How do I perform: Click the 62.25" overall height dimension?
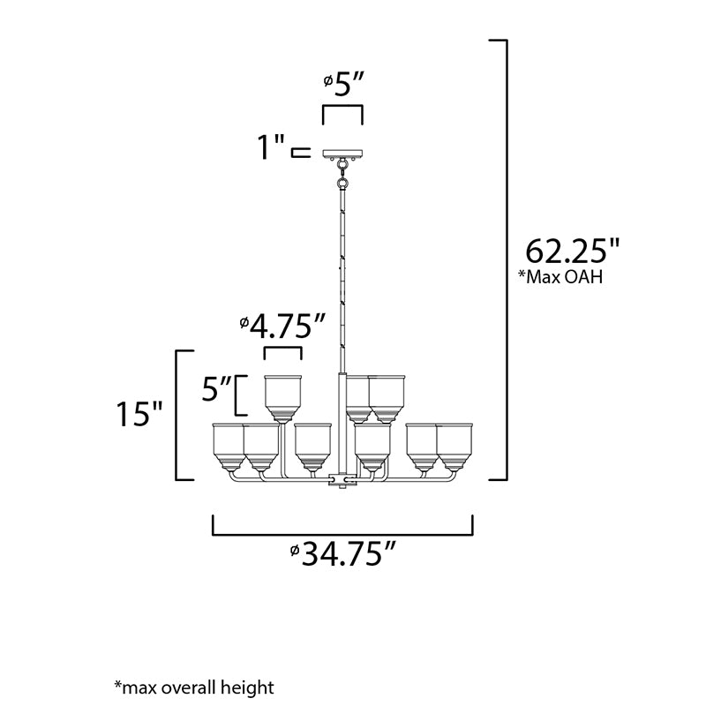click(x=572, y=251)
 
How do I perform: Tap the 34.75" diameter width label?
click(x=342, y=554)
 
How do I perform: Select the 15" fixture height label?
click(x=139, y=413)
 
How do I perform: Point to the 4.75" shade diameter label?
click(x=282, y=326)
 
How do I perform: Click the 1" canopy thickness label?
click(x=271, y=146)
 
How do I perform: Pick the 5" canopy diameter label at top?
click(x=343, y=83)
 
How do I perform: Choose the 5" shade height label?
click(x=215, y=387)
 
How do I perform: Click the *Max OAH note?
click(x=560, y=276)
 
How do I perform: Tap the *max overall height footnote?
click(x=194, y=687)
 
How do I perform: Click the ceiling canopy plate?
click(x=343, y=154)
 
